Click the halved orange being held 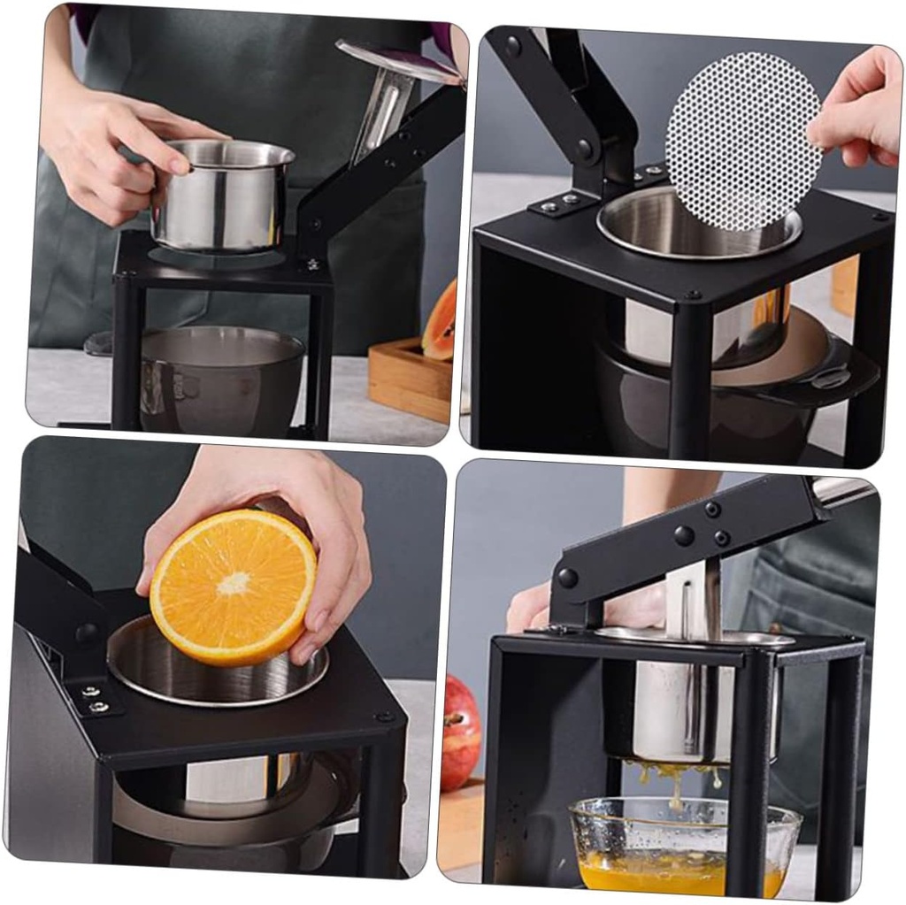(233, 587)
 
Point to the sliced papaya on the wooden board (441, 322)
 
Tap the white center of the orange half (234, 583)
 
